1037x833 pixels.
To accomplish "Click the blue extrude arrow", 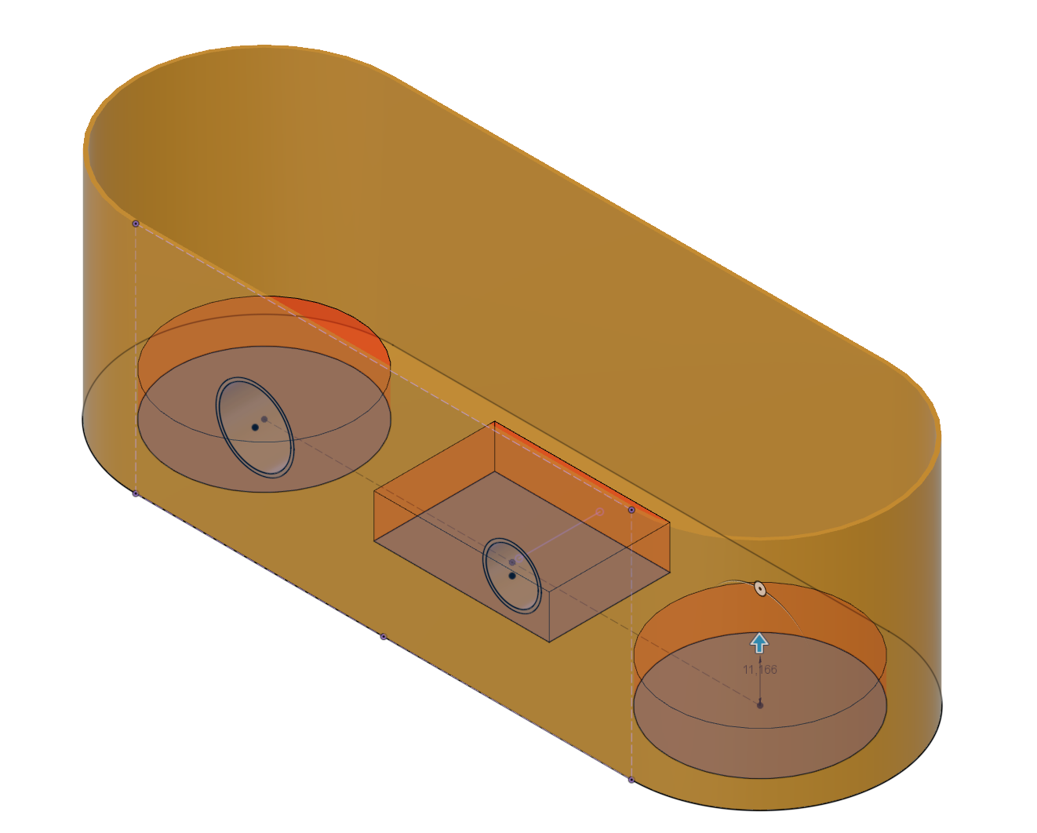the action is pos(759,643).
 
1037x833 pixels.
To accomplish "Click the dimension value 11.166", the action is pos(760,670).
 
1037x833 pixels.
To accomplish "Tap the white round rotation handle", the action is pos(760,589).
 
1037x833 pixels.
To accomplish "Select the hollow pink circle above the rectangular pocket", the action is pos(600,511).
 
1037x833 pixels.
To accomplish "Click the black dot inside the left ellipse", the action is pos(255,427).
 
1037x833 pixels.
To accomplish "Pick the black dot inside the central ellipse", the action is pos(512,576).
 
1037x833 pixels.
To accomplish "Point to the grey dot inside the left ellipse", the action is pos(264,419).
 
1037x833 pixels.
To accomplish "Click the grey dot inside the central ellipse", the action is pos(512,562).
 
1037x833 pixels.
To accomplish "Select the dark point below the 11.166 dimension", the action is pos(760,705).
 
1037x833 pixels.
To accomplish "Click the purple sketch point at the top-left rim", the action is pos(136,224).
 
